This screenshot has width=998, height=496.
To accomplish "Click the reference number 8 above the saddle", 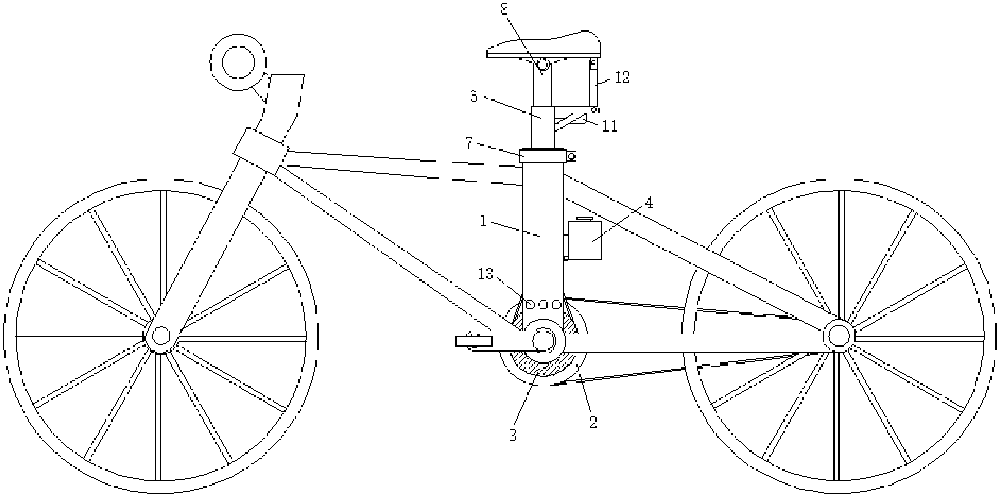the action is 504,9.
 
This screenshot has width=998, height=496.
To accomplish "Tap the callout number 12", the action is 622,77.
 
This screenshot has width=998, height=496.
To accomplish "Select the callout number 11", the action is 610,127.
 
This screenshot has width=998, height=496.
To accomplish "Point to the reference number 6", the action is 473,96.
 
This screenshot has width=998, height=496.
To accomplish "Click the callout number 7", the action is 468,143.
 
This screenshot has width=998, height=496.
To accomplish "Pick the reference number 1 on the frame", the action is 483,220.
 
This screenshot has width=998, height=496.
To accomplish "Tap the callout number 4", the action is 649,203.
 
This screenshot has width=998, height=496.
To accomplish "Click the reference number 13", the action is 486,274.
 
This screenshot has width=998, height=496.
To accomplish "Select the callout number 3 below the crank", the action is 513,436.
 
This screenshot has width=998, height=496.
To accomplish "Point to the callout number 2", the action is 593,423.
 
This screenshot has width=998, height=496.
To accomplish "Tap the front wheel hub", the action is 161,335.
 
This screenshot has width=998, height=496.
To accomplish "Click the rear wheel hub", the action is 838,335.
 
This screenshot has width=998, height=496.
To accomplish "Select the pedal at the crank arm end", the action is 474,341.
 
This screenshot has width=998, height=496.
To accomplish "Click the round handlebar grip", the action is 238,62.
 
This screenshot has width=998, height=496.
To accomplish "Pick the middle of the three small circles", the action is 543,305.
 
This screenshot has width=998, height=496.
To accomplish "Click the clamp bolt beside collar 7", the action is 571,156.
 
